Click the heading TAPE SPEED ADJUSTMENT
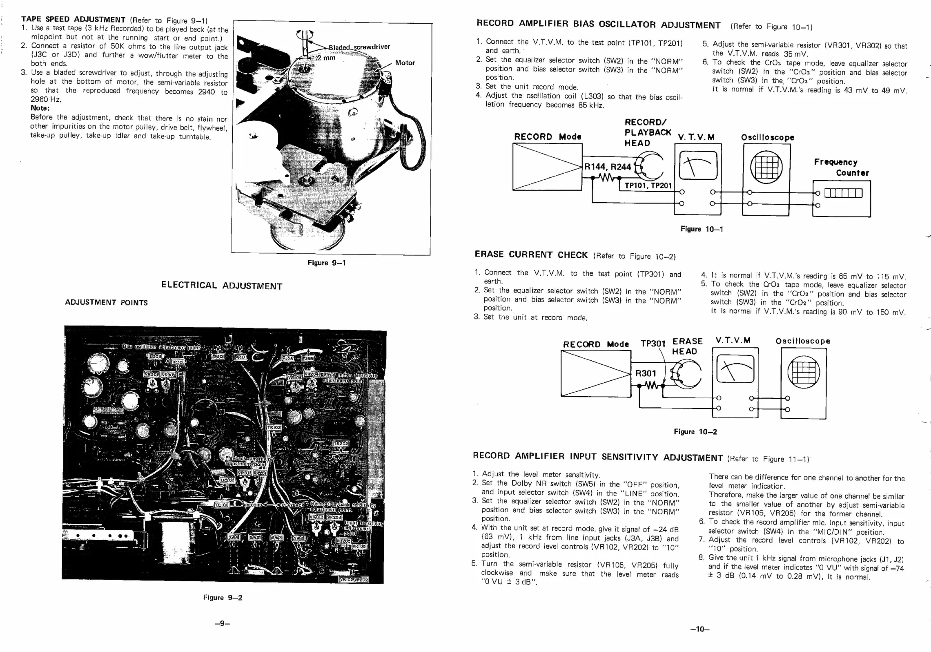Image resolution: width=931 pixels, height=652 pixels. [x=73, y=19]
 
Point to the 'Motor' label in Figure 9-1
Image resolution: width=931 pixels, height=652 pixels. [x=405, y=63]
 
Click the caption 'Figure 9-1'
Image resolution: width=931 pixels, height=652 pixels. [x=327, y=263]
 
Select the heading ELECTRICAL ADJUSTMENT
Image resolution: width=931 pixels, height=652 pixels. [x=222, y=286]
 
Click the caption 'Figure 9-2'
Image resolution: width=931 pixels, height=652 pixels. [x=223, y=598]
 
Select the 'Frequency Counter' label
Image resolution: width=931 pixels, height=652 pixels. [x=841, y=167]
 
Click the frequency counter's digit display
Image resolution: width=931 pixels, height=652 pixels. [x=843, y=193]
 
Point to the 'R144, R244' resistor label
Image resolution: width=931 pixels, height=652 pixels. [x=608, y=167]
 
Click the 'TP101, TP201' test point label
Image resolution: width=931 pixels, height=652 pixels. [x=648, y=186]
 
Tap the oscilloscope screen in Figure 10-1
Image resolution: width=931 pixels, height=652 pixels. [x=766, y=167]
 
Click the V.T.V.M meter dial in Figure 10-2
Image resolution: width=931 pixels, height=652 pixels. [x=735, y=369]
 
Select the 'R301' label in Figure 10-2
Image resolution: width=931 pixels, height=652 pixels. [x=646, y=373]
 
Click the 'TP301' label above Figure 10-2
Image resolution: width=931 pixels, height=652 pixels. [x=653, y=344]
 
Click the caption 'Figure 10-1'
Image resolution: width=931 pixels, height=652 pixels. [x=702, y=229]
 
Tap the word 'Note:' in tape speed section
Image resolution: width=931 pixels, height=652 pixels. [x=40, y=108]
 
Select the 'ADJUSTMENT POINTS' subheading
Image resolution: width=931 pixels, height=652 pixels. [x=106, y=303]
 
